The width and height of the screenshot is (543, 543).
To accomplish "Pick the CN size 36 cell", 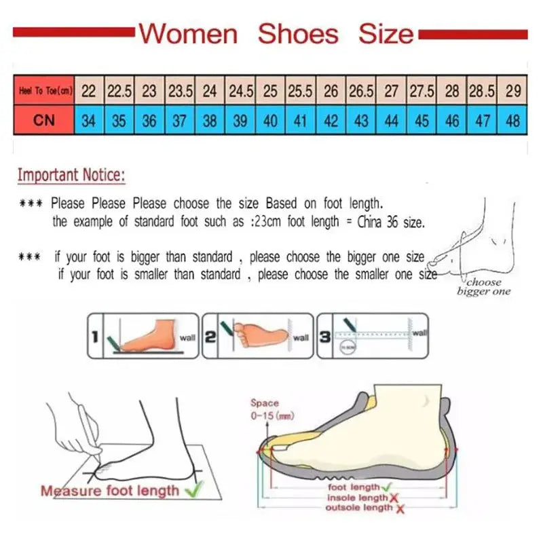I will click(x=149, y=121).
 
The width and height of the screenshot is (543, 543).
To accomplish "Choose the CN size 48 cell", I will click(x=512, y=121).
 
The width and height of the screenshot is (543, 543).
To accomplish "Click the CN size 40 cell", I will click(x=270, y=121).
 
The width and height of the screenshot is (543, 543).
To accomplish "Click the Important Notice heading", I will click(x=71, y=175).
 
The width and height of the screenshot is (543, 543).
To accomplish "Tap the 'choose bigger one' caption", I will click(x=483, y=286).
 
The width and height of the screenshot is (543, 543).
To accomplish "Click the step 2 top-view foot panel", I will click(x=258, y=335).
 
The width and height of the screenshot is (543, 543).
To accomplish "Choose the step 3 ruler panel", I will click(x=373, y=335).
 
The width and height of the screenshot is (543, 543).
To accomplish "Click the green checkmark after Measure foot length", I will click(x=195, y=490).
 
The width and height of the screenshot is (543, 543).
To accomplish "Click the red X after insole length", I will click(x=393, y=498).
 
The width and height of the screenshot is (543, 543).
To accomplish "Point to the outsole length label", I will click(x=358, y=508).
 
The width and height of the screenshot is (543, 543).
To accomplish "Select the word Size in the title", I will click(x=386, y=33).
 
